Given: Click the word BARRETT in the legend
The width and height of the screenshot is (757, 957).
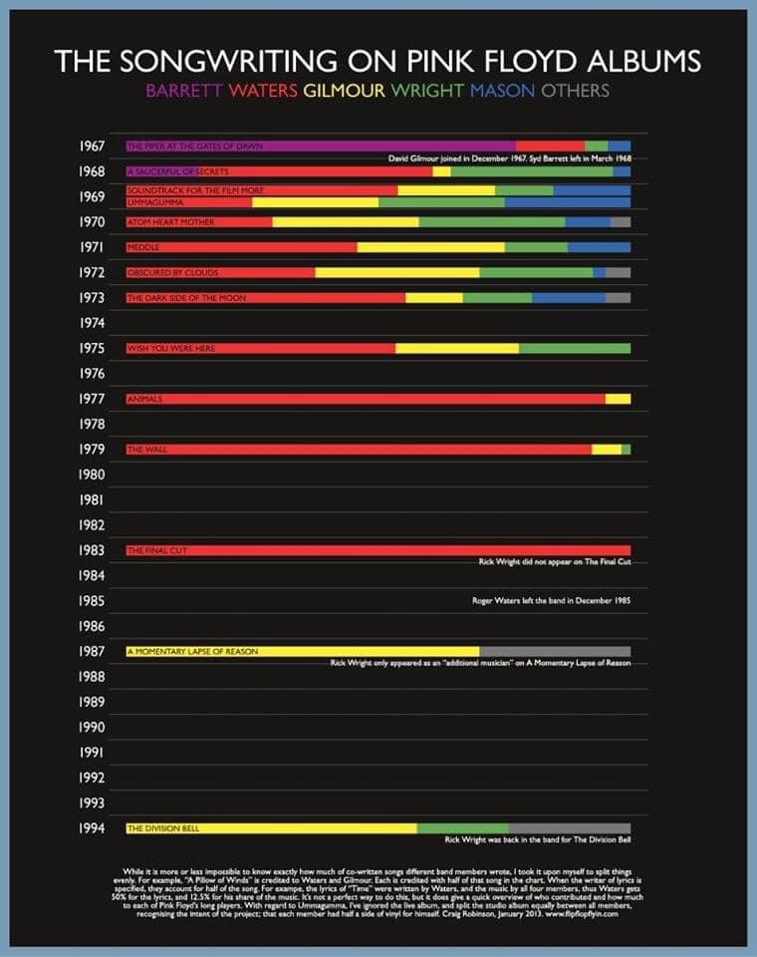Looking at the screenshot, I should (x=184, y=91).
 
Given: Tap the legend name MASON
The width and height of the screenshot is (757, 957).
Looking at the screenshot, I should (x=501, y=91).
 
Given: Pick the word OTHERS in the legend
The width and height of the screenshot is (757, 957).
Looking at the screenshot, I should (x=575, y=91).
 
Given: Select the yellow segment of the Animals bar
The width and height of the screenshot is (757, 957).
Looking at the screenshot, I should (x=618, y=399).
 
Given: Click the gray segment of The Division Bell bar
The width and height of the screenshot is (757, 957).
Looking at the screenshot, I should (x=569, y=828).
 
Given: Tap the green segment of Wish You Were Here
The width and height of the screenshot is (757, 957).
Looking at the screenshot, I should (x=575, y=348).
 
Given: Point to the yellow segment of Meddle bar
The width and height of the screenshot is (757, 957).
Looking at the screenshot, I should (x=430, y=247).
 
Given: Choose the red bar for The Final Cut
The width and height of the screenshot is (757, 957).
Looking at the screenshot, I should (x=378, y=550).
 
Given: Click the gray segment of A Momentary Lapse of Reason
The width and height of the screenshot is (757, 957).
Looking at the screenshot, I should (x=555, y=652).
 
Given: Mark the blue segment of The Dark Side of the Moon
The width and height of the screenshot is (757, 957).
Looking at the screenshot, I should (x=568, y=298).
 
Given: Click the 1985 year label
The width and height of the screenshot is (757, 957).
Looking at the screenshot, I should (x=93, y=601).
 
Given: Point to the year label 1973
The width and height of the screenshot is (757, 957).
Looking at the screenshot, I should (x=93, y=298).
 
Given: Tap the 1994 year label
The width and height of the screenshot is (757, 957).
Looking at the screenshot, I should (x=93, y=828).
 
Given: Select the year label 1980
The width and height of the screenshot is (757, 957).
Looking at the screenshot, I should (x=93, y=475).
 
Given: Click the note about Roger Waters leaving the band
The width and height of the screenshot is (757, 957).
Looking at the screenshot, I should (x=551, y=601).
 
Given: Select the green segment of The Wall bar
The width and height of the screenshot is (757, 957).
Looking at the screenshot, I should (x=626, y=450).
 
